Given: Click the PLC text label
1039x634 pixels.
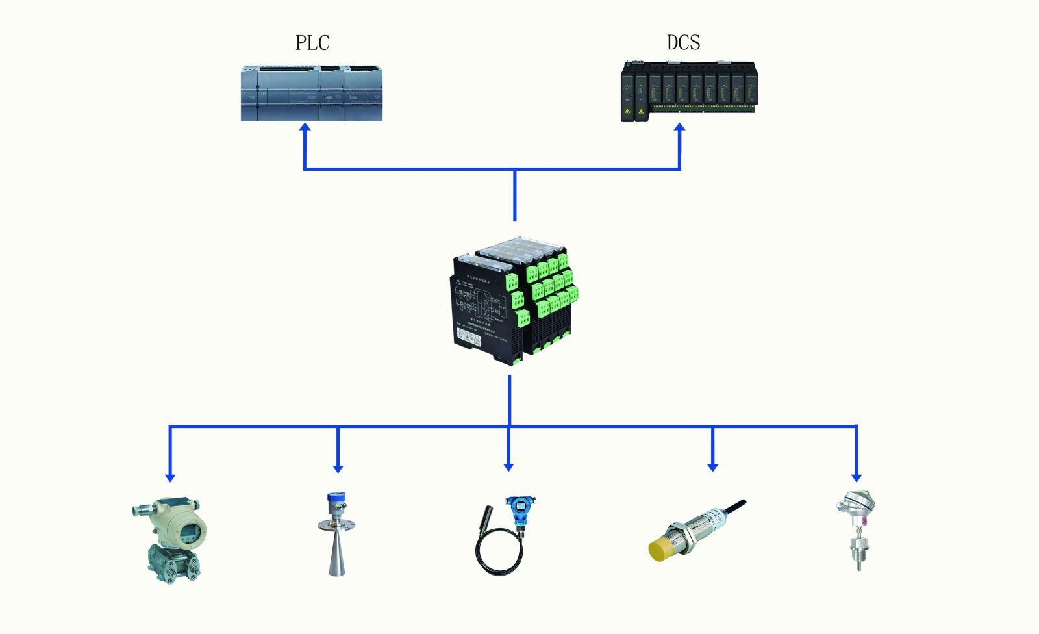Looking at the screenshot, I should coord(312,43).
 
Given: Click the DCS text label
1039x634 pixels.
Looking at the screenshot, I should coord(683,42).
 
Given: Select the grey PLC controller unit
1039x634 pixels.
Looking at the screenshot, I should coord(312,93).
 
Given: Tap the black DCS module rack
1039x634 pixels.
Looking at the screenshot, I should coord(689,92).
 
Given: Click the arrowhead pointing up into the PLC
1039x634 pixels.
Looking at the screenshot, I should coord(304,129).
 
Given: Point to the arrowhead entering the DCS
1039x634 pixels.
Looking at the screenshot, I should coord(680,129).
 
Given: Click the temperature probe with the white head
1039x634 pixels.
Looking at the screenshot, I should coord(858,529).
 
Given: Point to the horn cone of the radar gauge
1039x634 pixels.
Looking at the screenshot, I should coord(336,556).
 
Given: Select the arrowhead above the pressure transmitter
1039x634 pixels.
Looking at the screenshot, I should coord(170,477).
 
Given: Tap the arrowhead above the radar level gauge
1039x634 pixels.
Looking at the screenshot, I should coord(338,468).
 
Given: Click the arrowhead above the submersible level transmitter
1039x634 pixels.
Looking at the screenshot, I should coord(508,466).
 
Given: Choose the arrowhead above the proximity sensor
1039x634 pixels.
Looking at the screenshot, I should coord(712,466).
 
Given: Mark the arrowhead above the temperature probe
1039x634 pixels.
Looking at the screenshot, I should coord(857,477).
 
